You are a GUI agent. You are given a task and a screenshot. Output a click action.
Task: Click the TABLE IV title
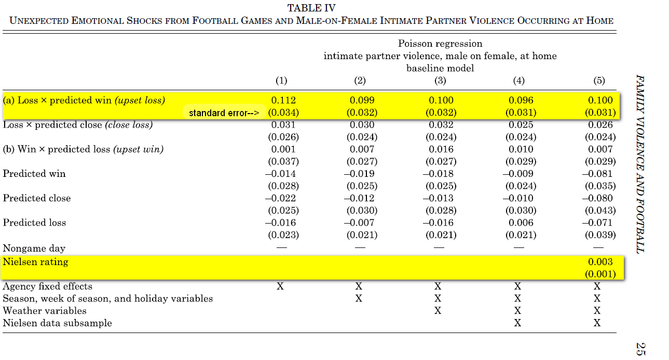point(311,8)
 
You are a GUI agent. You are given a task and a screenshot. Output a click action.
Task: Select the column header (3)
point(440,80)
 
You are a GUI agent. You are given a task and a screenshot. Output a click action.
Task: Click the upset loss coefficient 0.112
point(283,100)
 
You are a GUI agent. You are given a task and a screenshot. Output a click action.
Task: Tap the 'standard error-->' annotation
point(224,113)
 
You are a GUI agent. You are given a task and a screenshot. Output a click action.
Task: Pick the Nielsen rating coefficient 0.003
point(600,261)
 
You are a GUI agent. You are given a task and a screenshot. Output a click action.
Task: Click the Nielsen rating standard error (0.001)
point(600,274)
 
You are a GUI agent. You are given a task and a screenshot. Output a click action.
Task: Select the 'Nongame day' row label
point(34,248)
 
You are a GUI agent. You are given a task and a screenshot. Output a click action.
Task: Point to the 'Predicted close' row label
point(37,198)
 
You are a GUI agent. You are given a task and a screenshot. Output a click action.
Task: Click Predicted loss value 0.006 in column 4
point(521,223)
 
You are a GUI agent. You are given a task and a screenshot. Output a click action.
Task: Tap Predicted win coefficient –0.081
point(597,173)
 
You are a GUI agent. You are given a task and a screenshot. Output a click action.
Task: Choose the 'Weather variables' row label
point(45,310)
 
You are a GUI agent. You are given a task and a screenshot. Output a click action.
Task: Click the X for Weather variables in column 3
point(438,311)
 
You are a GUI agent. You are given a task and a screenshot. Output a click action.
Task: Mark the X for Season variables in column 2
point(359,298)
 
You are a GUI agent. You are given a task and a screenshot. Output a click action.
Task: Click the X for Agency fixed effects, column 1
point(280,286)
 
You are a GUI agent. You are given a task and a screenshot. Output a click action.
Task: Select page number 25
point(640,349)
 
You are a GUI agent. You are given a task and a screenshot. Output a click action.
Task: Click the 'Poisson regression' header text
point(440,44)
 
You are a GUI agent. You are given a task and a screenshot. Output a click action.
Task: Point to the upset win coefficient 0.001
point(283,149)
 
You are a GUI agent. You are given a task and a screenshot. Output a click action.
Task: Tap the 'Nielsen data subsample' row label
point(57,323)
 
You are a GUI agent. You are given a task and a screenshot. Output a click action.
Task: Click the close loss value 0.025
point(521,124)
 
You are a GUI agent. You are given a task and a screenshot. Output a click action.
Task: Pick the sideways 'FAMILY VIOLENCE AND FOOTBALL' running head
point(640,164)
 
